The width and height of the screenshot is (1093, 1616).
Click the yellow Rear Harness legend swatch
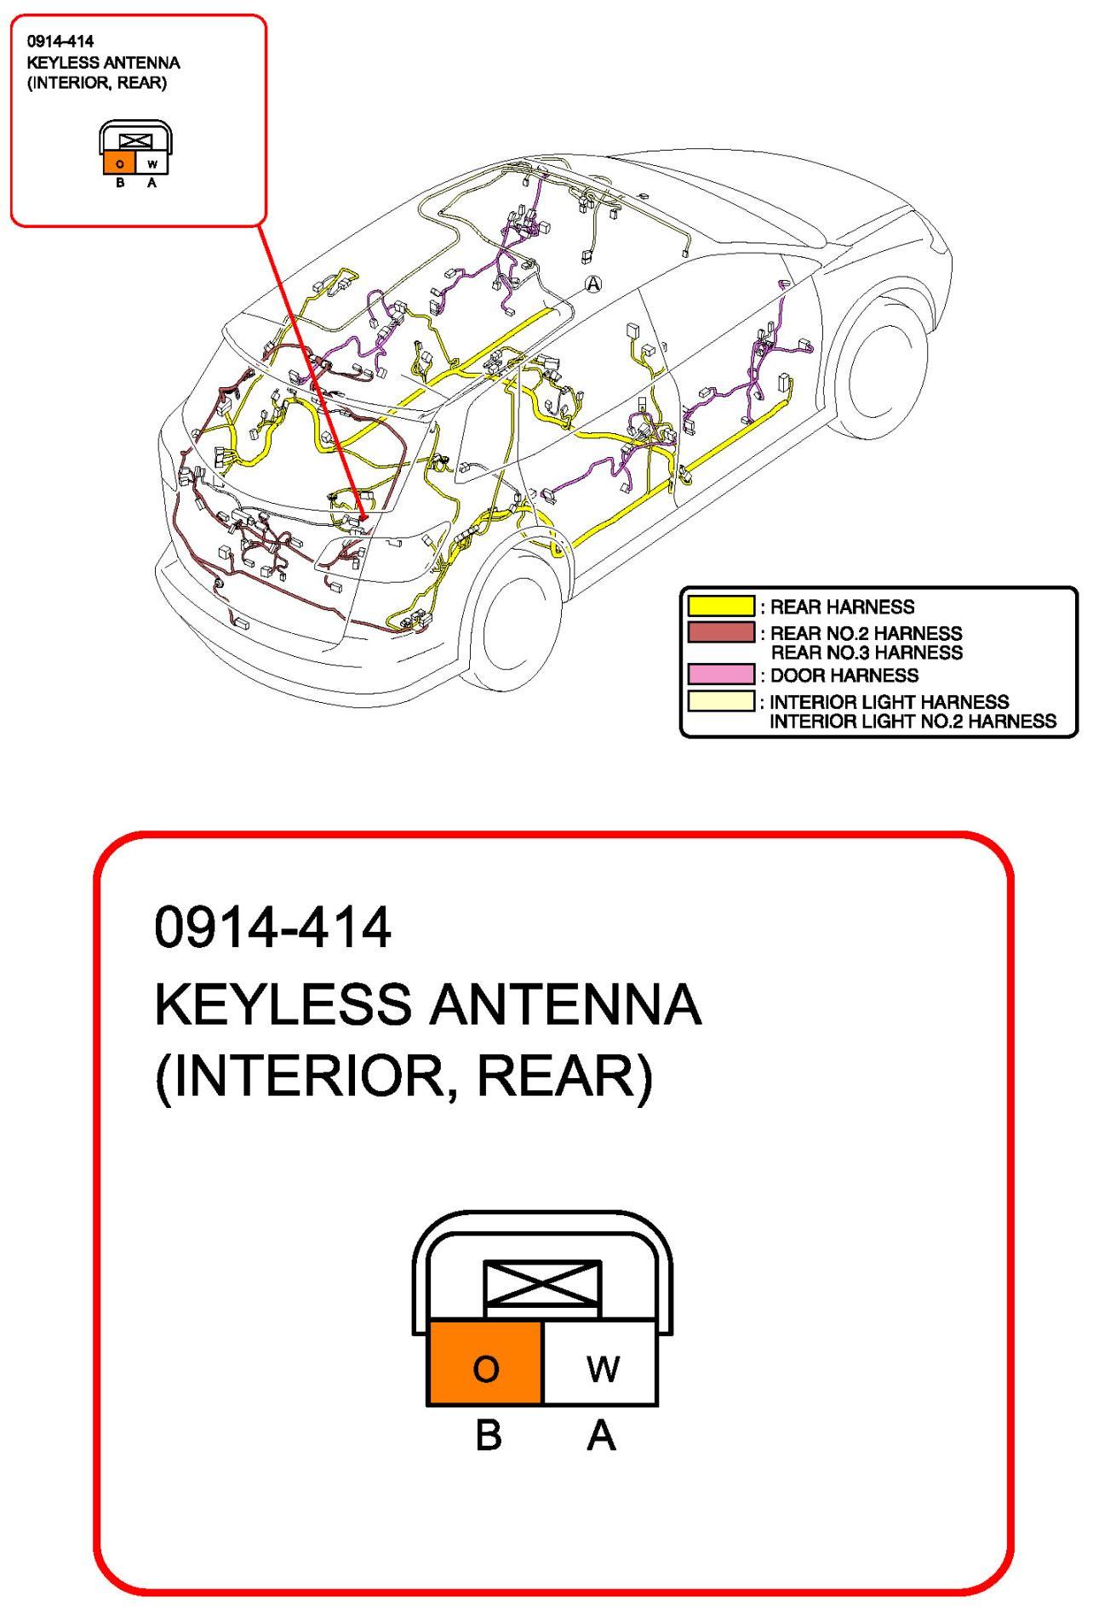click(x=720, y=606)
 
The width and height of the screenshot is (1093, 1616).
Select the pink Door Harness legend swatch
click(x=720, y=675)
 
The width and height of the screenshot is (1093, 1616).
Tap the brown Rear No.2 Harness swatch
click(x=720, y=632)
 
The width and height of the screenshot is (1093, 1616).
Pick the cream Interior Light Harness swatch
click(x=720, y=701)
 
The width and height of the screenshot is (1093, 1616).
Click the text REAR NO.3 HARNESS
click(x=866, y=653)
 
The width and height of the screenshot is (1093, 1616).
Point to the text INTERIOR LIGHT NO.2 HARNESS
click(x=913, y=722)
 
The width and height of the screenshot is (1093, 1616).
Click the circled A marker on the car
click(x=592, y=284)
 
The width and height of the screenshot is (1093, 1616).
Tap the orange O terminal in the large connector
click(x=485, y=1369)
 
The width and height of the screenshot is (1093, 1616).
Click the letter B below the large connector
click(x=488, y=1436)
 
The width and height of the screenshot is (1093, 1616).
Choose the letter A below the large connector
click(x=601, y=1436)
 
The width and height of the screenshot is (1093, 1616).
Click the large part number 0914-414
click(x=272, y=927)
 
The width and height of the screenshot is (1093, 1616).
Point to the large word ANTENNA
click(x=565, y=1004)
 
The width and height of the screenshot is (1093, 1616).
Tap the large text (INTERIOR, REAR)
click(x=403, y=1076)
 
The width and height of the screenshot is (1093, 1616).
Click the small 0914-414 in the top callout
click(x=60, y=41)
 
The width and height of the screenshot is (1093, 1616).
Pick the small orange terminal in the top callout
click(x=120, y=163)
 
